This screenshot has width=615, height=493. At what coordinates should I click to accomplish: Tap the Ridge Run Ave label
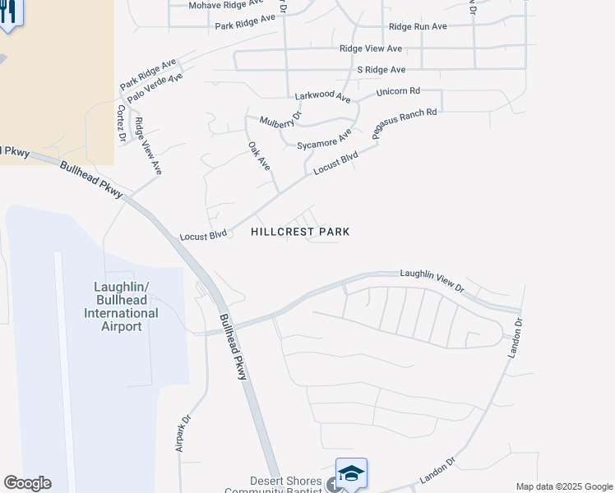coord(418,27)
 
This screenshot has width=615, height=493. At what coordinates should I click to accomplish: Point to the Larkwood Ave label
coord(323,96)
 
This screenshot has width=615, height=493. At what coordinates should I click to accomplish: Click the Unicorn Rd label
coord(398,91)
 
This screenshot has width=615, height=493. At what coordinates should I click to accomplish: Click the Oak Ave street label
coord(259,154)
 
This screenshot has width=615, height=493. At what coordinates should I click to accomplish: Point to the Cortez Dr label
coord(121,123)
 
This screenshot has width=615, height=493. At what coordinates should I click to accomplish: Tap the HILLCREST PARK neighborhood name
coord(300,233)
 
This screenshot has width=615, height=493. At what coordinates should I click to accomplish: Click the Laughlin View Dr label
coord(432,282)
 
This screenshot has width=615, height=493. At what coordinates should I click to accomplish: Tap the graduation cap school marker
coord(351,474)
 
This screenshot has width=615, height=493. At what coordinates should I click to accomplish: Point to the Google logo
coord(27,483)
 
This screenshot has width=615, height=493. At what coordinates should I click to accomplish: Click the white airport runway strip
coord(64,370)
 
